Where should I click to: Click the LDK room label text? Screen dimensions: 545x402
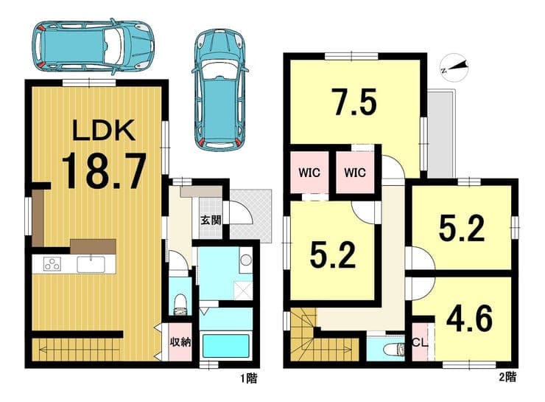[104, 130]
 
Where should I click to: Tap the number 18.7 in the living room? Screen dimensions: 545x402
[103, 172]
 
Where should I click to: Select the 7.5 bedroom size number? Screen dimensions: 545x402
[354, 102]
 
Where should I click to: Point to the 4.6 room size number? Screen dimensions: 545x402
[469, 319]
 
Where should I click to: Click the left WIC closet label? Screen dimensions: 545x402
[309, 173]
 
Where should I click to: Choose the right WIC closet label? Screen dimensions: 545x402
[355, 173]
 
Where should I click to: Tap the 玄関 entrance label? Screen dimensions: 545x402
[211, 220]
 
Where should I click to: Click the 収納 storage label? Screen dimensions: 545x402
[180, 342]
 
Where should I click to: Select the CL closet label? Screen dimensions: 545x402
[420, 342]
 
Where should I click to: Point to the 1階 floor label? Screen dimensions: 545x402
[249, 378]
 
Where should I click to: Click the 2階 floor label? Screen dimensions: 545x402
[507, 377]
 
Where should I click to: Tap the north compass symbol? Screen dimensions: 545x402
[454, 68]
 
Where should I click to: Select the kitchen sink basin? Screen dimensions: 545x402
[91, 264]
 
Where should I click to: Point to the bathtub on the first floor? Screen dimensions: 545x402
[226, 346]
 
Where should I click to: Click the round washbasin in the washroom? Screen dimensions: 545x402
[246, 260]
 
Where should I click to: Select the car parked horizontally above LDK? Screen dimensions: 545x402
[93, 46]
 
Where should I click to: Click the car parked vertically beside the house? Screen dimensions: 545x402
[219, 90]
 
